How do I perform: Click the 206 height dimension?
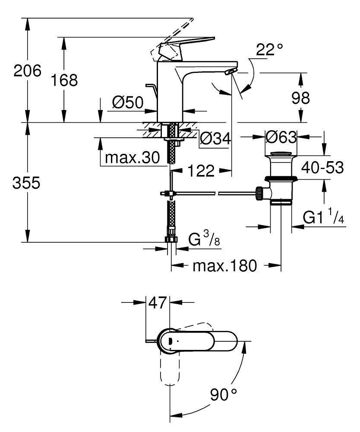(27, 70)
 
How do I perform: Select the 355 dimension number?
(26, 184)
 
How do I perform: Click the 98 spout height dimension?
(300, 98)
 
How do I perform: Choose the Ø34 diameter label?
(215, 139)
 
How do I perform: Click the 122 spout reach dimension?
(201, 172)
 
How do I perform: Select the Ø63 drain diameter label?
(281, 138)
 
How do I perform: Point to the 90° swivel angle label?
(224, 394)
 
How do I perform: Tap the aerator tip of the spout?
(232, 71)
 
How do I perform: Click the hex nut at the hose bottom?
(171, 240)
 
